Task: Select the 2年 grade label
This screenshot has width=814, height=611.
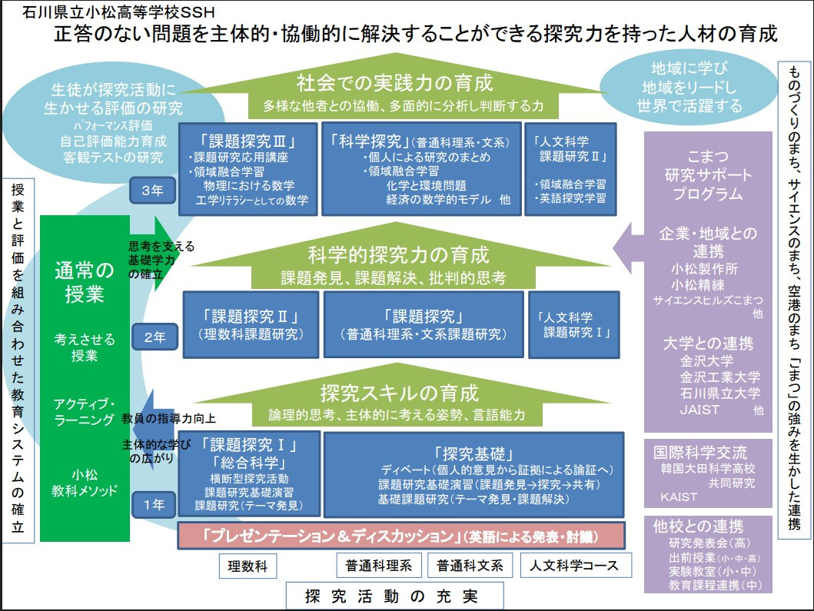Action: pos(154,337)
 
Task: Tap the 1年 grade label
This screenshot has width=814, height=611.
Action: pos(154,504)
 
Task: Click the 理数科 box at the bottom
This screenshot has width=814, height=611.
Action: pos(248,566)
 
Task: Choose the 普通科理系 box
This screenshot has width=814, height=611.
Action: pos(379,566)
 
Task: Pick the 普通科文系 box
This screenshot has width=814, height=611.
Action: pos(470,566)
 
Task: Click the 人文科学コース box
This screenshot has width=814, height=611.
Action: pos(575,566)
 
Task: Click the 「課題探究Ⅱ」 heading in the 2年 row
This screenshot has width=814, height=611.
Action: pos(250,317)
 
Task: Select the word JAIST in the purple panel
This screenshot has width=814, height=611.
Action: pos(699,410)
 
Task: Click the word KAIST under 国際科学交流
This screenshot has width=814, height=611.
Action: pos(679,496)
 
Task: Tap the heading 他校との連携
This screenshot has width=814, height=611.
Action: pos(698,526)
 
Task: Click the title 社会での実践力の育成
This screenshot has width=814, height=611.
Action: pos(394,82)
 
